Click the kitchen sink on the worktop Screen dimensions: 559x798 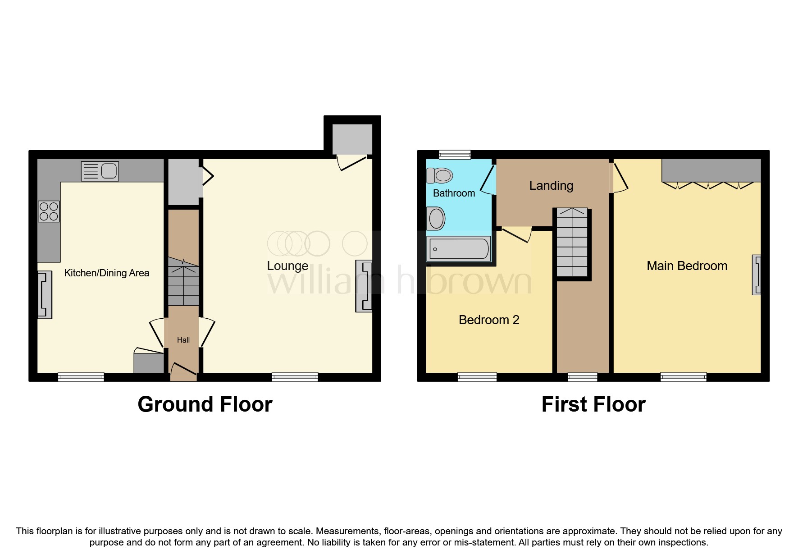point(100,171)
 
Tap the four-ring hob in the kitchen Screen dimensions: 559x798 point(49,211)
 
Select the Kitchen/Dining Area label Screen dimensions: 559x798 point(107,273)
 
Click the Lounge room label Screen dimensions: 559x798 point(287,266)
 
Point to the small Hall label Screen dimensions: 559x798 point(183,340)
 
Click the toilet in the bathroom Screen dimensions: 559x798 point(440,175)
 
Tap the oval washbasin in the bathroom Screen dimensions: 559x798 point(436,219)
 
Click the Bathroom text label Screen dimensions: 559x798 point(454,193)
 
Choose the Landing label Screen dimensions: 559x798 point(551,186)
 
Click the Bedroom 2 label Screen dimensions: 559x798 point(489,320)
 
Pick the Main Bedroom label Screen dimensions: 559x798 point(687,266)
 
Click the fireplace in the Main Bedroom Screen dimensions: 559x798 point(757,275)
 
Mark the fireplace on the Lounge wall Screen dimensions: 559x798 point(364,286)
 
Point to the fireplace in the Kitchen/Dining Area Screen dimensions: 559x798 point(45,295)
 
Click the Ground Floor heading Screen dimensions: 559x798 point(205,404)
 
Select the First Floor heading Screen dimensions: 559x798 point(593,404)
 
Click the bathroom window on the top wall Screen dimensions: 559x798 point(455,155)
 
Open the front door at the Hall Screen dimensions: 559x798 point(183,370)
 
